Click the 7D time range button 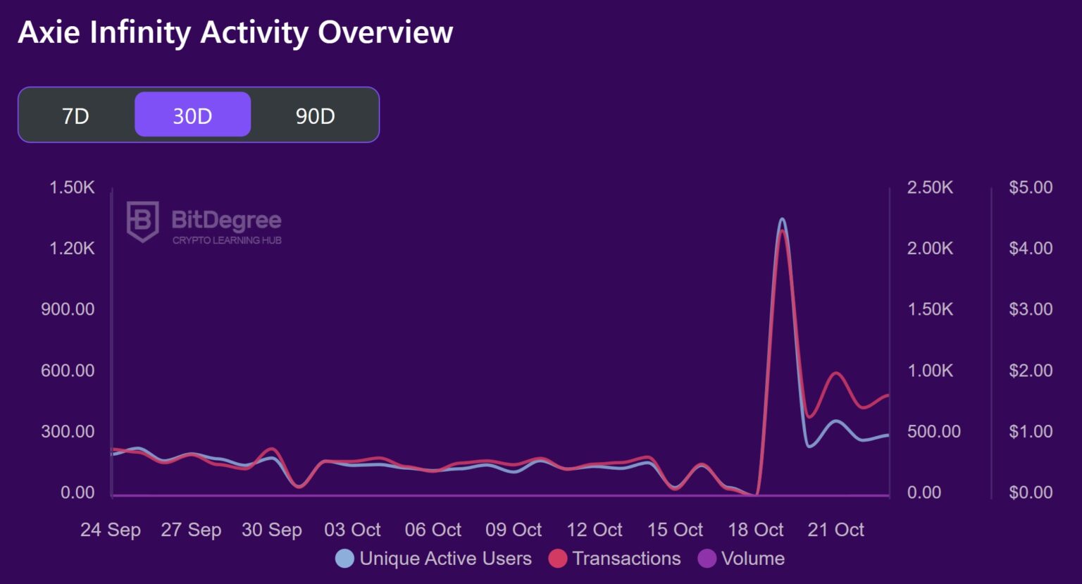(75, 116)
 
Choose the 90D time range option (315, 116)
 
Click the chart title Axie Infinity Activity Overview (235, 32)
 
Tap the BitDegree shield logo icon (142, 221)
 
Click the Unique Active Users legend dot (344, 559)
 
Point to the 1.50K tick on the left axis (72, 187)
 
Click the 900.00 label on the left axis (68, 309)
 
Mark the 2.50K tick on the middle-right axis (930, 187)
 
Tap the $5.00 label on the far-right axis (1031, 187)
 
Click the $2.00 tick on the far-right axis (1031, 371)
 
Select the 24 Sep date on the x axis (111, 530)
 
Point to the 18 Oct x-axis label (756, 530)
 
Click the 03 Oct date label (352, 530)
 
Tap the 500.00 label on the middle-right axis (933, 431)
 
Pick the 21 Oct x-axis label (836, 530)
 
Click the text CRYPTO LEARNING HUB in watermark (227, 240)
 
